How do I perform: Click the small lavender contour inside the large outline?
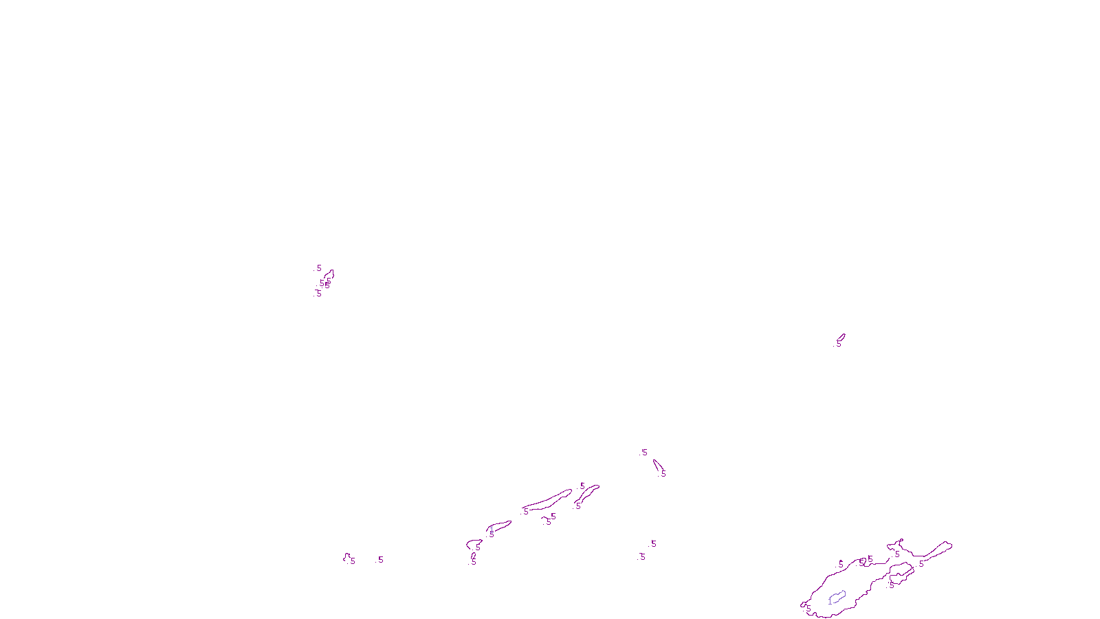(x=837, y=597)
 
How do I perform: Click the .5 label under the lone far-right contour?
(x=838, y=345)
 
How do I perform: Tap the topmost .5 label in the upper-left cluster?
(x=318, y=268)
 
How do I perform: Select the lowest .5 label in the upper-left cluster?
(x=318, y=294)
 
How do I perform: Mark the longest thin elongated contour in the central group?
(x=548, y=501)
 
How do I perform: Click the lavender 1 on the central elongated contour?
(x=492, y=528)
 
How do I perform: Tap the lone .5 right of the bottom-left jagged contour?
(x=379, y=560)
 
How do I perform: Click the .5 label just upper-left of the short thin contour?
(x=643, y=453)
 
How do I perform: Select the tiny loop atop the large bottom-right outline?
(x=900, y=541)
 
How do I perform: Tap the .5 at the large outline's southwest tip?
(x=808, y=609)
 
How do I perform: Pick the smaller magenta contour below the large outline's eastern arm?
(x=901, y=571)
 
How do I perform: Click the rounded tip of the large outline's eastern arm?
(x=948, y=545)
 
